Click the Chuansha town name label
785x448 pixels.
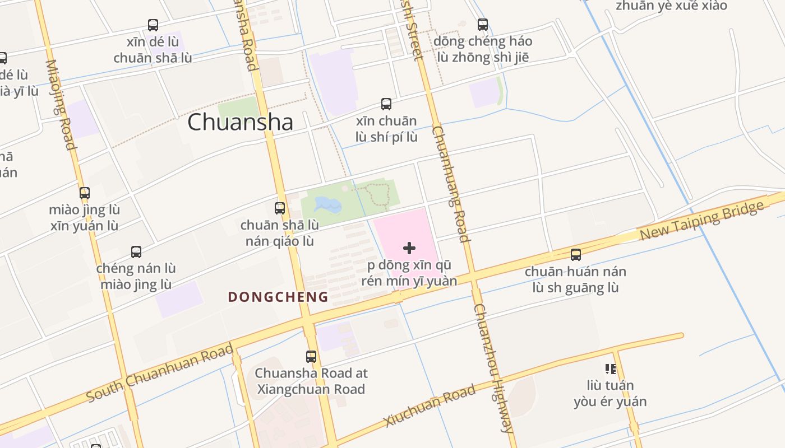pos(240,122)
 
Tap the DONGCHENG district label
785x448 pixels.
pos(278,297)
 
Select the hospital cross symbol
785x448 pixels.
pos(409,248)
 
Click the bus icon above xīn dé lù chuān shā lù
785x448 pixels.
pos(153,25)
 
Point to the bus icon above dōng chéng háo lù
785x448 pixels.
pos(483,25)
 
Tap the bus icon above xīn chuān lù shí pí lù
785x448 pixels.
pos(386,104)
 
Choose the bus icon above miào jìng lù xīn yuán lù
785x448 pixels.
pos(85,193)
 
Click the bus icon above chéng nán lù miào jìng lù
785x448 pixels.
pos(136,252)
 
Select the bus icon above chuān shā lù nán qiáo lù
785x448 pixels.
pos(280,208)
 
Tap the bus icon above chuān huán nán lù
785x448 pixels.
pos(576,255)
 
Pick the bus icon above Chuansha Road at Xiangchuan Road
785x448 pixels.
pos(311,356)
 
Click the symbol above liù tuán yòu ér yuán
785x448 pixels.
pos(611,368)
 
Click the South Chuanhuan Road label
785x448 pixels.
pos(160,373)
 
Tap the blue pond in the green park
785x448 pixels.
pos(328,206)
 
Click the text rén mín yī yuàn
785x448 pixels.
pos(409,281)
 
